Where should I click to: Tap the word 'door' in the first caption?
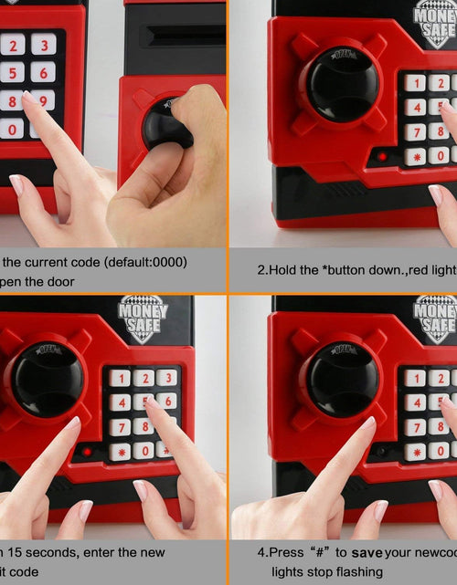56,282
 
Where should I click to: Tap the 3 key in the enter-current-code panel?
43,44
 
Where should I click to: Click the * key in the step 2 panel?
416,156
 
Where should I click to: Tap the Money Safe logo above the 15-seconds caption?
143,319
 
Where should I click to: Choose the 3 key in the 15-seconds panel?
165,378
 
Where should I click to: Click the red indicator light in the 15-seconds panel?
87,451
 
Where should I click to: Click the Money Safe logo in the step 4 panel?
435,319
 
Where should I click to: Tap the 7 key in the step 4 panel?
416,426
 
